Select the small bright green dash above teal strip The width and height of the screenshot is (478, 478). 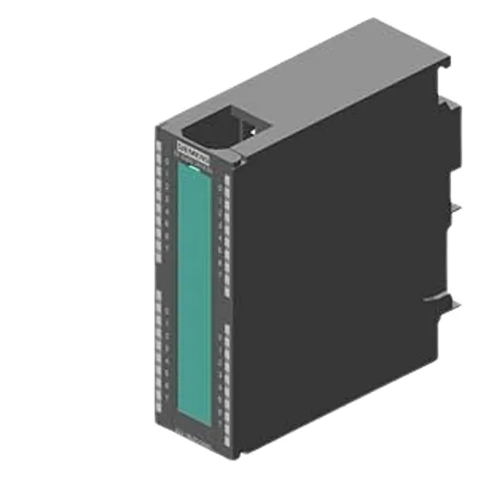point(192,165)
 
